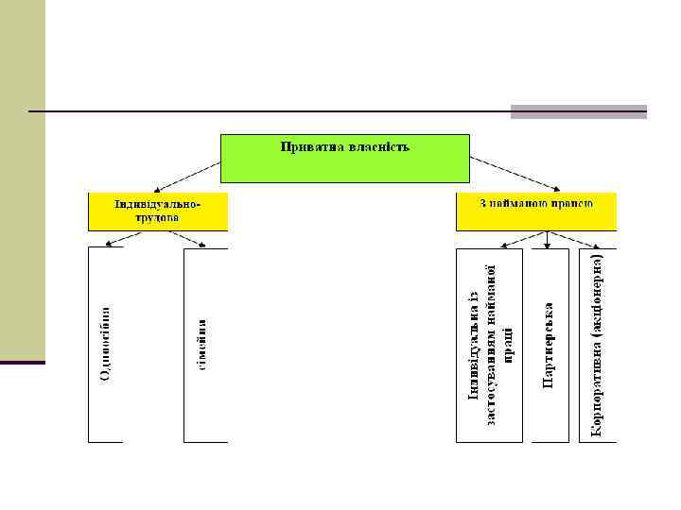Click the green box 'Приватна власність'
(x=344, y=158)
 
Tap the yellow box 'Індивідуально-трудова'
(x=158, y=212)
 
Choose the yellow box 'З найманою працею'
(x=535, y=212)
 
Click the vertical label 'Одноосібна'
(x=105, y=345)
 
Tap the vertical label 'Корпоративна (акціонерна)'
(x=597, y=345)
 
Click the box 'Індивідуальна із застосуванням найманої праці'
(x=489, y=345)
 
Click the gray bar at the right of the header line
(x=578, y=111)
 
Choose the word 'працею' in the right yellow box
(x=571, y=203)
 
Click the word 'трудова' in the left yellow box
(x=157, y=216)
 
